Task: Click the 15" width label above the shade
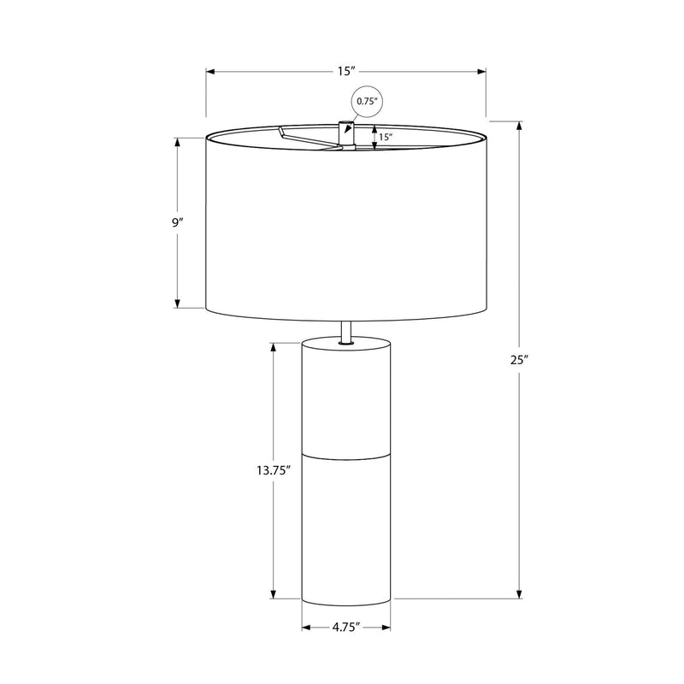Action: [x=346, y=72]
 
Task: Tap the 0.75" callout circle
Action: [x=366, y=102]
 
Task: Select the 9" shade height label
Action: [x=177, y=222]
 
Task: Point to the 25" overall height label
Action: [x=521, y=360]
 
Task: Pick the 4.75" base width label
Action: [x=346, y=628]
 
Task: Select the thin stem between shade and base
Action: [x=346, y=332]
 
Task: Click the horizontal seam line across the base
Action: [x=346, y=453]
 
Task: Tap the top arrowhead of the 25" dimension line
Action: [x=521, y=124]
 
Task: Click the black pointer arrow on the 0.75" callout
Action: [x=351, y=119]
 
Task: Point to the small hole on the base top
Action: [x=346, y=345]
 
